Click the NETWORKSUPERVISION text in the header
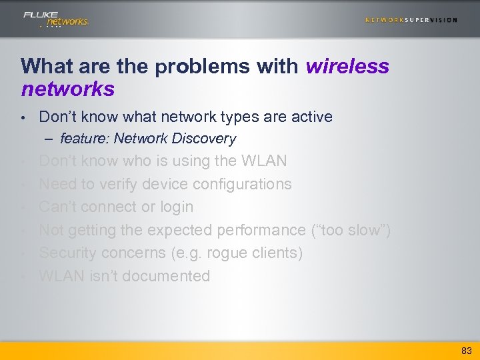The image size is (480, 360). coord(411,20)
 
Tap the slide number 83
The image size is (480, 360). coord(466,351)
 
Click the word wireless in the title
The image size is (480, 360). coord(347,67)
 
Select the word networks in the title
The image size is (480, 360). coord(67,89)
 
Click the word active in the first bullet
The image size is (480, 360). coord(311,117)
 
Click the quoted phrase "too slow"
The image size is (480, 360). coord(351,231)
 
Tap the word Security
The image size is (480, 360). coord(67,253)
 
